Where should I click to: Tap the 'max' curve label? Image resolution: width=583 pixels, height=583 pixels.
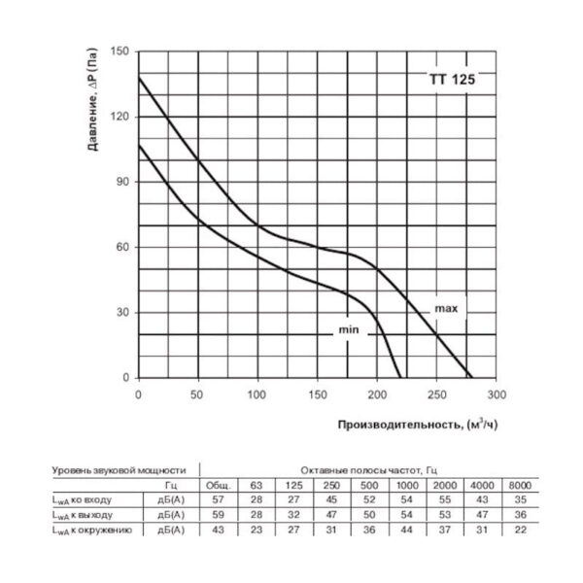(x=446, y=308)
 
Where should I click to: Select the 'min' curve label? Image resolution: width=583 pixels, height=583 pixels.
(x=349, y=330)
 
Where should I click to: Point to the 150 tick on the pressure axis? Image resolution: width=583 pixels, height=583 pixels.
(x=120, y=51)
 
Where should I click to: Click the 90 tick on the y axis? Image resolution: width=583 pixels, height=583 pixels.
(x=123, y=182)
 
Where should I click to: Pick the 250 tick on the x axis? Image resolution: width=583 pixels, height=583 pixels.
(x=436, y=394)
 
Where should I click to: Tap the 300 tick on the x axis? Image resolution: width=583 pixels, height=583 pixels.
(x=496, y=394)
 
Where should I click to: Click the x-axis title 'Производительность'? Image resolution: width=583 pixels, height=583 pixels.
(x=400, y=425)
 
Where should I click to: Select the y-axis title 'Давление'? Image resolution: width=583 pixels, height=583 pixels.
(x=92, y=116)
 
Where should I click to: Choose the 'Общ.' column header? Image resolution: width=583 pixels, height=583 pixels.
(x=216, y=485)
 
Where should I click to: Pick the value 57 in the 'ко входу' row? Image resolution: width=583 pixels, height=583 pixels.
(x=216, y=499)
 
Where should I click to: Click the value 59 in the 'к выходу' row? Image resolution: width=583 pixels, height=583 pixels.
(x=216, y=514)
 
